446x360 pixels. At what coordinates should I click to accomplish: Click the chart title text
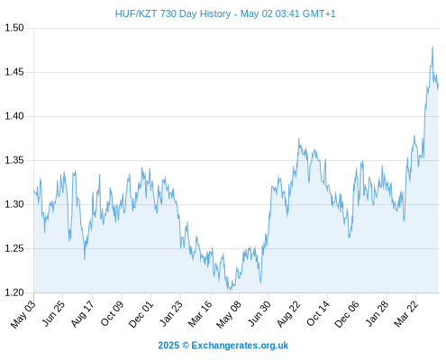(x=225, y=13)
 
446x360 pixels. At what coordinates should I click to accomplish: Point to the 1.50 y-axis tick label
(x=14, y=28)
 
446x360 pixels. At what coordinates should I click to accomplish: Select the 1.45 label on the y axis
(x=14, y=72)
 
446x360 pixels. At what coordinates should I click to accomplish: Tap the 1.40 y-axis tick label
(x=14, y=116)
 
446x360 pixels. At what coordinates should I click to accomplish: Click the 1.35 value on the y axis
(x=14, y=160)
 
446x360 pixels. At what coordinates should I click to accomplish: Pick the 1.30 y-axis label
(x=14, y=204)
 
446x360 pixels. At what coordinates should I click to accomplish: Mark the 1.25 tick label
(x=14, y=248)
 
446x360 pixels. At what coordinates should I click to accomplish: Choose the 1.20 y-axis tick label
(x=14, y=292)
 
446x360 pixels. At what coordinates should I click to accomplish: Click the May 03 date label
(x=23, y=314)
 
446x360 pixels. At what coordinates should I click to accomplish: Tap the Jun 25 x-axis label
(x=53, y=313)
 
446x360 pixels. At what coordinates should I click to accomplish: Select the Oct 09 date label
(x=112, y=313)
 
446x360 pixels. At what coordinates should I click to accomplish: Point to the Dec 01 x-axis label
(x=141, y=314)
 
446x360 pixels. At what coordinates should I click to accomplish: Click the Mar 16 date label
(x=200, y=314)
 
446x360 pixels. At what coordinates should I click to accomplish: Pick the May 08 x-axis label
(x=229, y=314)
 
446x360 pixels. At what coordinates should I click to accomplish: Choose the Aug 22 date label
(x=288, y=314)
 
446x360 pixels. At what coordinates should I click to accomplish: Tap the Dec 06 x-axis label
(x=347, y=314)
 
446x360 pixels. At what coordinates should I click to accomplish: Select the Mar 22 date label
(x=405, y=314)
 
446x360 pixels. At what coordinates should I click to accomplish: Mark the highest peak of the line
(x=432, y=47)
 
